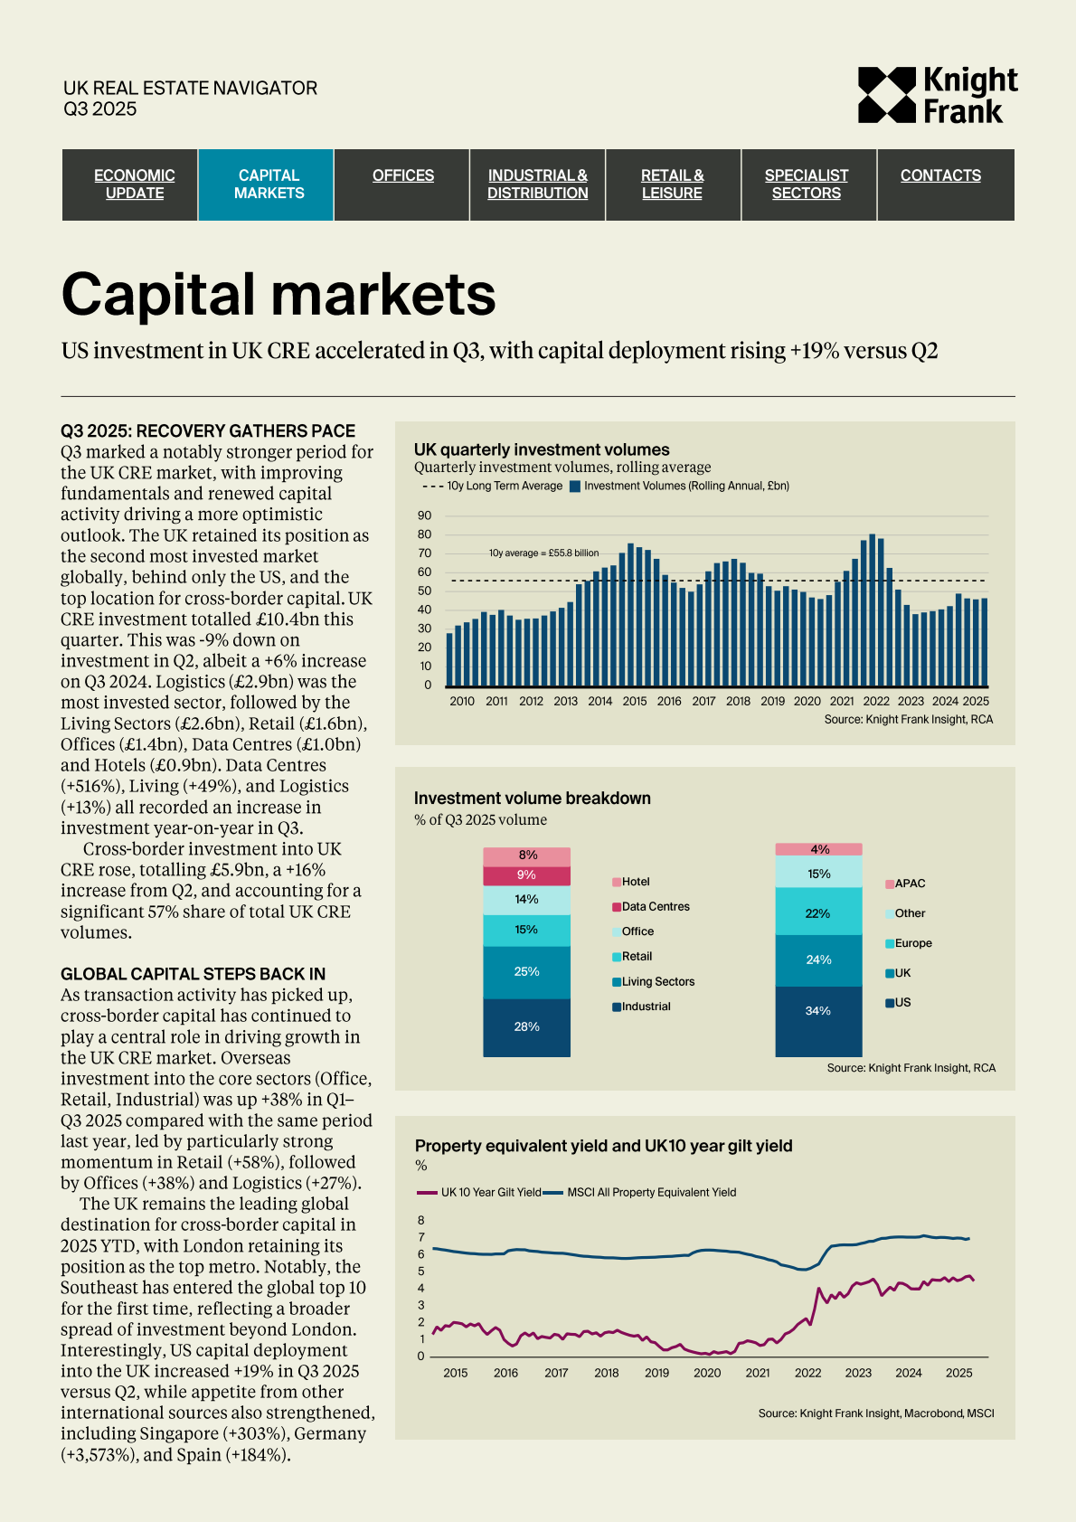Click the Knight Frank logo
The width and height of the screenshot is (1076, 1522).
[x=937, y=94]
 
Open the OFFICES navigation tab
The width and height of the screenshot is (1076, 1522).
[x=403, y=175]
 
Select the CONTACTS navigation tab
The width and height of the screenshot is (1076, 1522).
[x=940, y=175]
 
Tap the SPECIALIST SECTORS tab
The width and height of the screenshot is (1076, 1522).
[x=807, y=184]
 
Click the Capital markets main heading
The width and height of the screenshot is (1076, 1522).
[x=278, y=295]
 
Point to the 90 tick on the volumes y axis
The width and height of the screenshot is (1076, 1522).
[x=425, y=515]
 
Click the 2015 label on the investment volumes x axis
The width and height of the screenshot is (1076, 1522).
[x=635, y=701]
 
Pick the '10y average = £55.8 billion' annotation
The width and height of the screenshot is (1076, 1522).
[x=543, y=553]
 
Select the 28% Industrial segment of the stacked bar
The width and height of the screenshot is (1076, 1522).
[x=526, y=1026]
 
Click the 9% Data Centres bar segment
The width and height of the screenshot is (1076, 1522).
[x=526, y=875]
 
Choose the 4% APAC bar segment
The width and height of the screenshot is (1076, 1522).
[x=818, y=849]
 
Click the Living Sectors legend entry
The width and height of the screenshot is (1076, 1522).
[x=657, y=981]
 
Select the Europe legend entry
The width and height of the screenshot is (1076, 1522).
[x=912, y=943]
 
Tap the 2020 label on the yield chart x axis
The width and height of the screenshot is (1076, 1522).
[x=707, y=1373]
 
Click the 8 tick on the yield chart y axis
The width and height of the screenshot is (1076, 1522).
[x=420, y=1221]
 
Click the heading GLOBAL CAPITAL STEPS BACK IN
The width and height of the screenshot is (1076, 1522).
[x=193, y=974]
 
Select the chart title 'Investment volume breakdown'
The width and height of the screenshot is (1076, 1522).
[x=533, y=798]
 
